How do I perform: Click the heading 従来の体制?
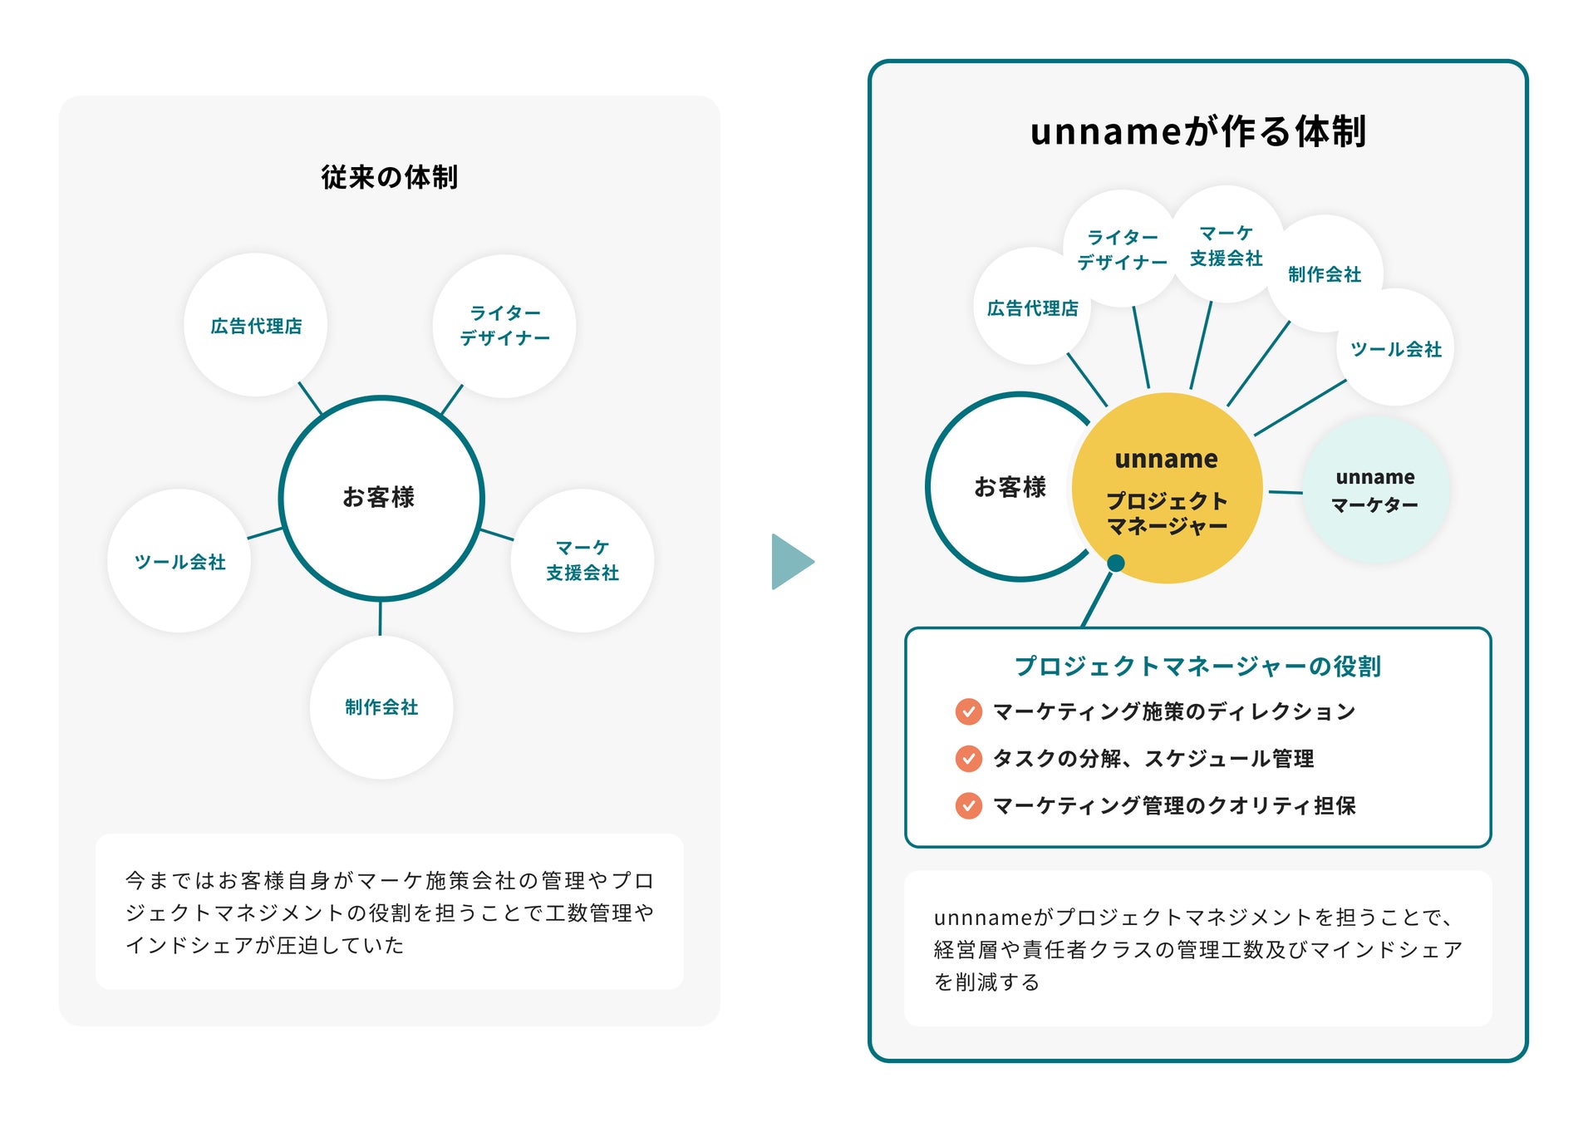(389, 177)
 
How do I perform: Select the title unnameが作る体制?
(1197, 131)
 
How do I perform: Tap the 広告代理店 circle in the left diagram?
(256, 325)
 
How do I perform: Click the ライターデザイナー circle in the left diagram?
(504, 325)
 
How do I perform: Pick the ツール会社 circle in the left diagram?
(179, 561)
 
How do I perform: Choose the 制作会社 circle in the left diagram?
(381, 706)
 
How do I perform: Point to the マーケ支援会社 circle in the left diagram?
(583, 560)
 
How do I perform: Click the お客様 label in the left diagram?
(379, 497)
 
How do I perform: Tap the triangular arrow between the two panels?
(790, 562)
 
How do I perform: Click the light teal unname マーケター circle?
(1375, 490)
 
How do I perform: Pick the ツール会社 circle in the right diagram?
(1396, 349)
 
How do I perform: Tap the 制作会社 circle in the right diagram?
(1325, 273)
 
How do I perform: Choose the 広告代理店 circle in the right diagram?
(1032, 308)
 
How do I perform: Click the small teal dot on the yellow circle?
(1116, 563)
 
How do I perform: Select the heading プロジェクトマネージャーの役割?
(1197, 666)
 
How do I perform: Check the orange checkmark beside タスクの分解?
(968, 758)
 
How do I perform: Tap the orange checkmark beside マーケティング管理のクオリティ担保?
(968, 805)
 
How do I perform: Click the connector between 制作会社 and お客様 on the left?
(381, 618)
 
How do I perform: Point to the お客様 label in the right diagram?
(1010, 487)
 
